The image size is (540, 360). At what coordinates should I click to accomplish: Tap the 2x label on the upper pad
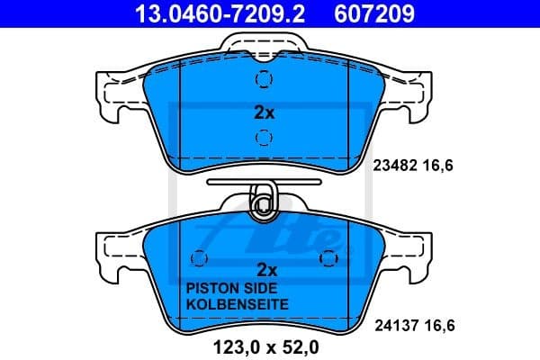click(263, 114)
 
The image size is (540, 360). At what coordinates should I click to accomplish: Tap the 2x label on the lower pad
click(265, 269)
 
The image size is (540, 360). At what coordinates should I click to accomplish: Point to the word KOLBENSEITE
click(236, 305)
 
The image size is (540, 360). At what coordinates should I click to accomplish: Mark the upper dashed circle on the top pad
click(264, 79)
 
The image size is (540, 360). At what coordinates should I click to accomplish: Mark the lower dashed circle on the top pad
click(264, 138)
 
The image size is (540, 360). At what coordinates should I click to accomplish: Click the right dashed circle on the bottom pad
click(327, 258)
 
